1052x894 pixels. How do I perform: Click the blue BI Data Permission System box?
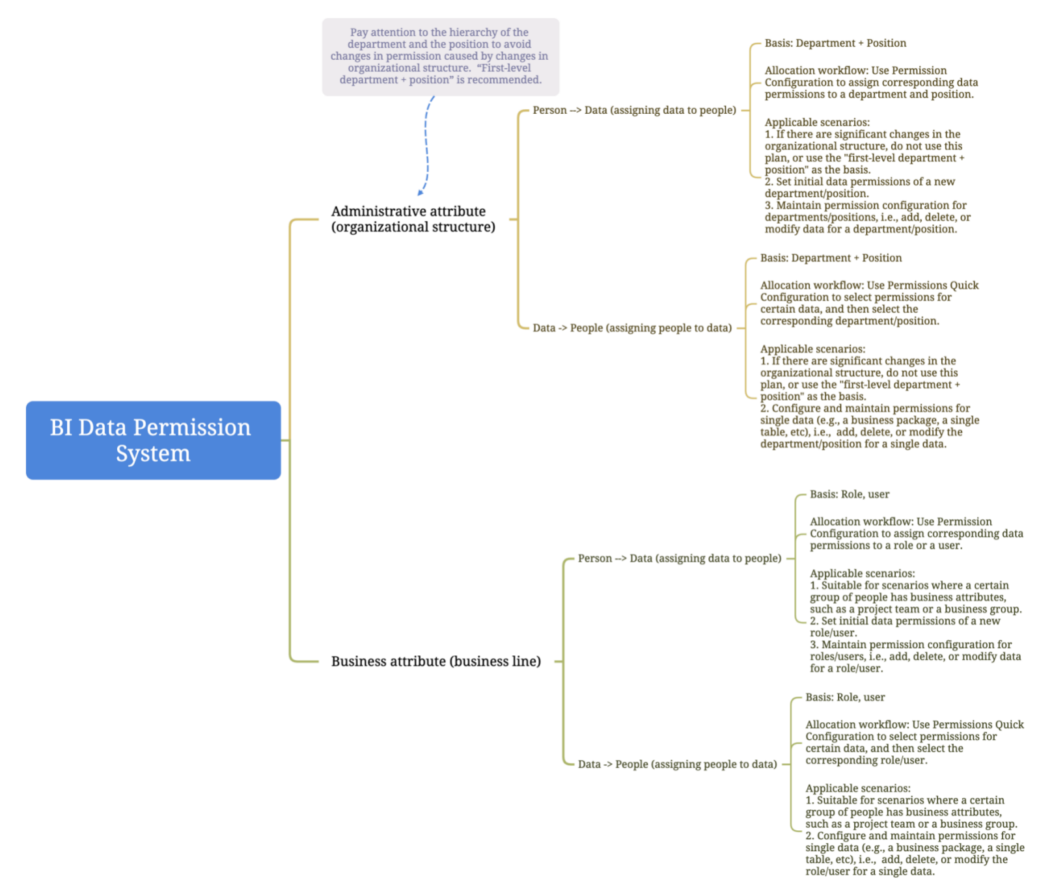point(153,440)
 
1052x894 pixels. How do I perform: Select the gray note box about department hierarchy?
point(440,57)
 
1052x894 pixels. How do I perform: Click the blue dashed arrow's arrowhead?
point(421,192)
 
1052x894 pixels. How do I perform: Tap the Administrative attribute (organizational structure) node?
point(413,219)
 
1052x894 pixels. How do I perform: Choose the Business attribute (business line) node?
point(436,661)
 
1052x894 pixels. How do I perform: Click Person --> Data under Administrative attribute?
point(633,111)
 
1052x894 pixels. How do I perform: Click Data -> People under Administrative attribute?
point(631,328)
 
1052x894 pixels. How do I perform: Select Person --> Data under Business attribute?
point(679,558)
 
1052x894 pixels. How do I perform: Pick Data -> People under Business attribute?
point(677,764)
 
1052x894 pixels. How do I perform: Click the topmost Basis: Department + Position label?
point(835,43)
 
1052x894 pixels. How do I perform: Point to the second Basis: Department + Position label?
point(831,258)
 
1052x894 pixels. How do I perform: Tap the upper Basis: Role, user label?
point(849,494)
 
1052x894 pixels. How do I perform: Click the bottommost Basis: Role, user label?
point(845,698)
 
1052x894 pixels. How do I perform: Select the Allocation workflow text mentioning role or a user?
point(915,534)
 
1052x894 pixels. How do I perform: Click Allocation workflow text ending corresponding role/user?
point(914,742)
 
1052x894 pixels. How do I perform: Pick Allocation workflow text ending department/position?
point(868,303)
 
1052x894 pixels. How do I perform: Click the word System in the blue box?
point(153,454)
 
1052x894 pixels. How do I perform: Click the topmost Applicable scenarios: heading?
point(816,122)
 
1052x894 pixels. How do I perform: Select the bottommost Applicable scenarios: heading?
point(857,789)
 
